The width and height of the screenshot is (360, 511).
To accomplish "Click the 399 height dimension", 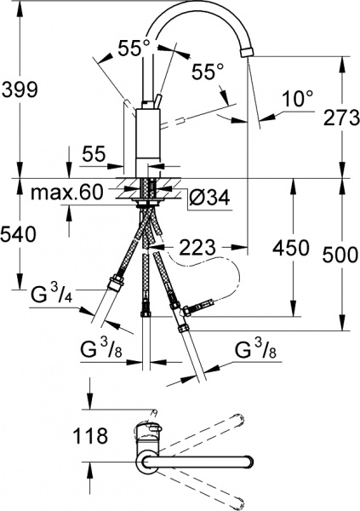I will point(20,87).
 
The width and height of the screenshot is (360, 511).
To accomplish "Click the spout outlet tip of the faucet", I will point(246,52).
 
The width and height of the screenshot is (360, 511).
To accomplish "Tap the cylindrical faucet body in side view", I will point(148,141).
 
